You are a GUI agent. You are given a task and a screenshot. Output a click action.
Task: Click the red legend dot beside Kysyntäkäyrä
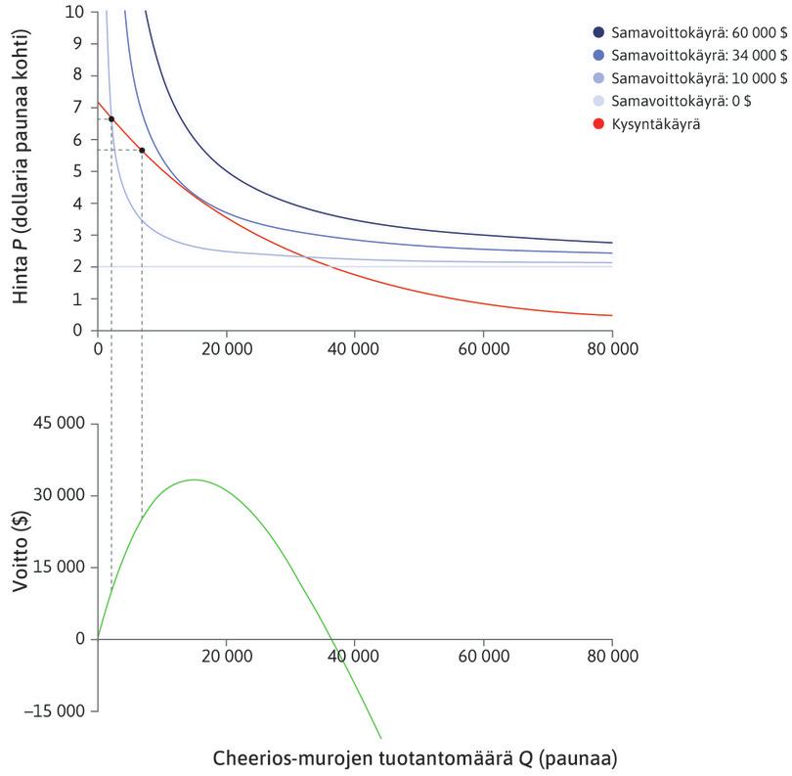click(x=598, y=125)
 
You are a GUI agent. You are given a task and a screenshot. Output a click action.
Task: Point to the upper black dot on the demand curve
click(x=111, y=119)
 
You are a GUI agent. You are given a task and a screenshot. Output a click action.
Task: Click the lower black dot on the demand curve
click(x=143, y=150)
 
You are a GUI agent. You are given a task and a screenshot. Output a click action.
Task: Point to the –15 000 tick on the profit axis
click(x=58, y=711)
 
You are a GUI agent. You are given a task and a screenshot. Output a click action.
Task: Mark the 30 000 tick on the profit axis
click(x=62, y=496)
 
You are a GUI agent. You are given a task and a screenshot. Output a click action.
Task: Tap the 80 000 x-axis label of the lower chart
click(x=612, y=658)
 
